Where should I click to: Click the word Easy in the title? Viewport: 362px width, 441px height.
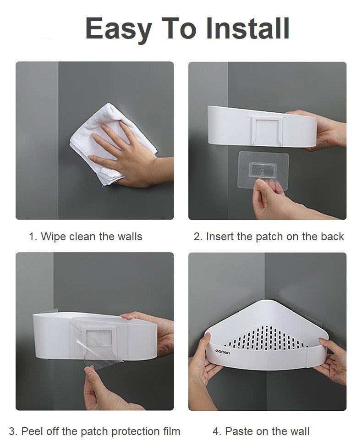(x=119, y=29)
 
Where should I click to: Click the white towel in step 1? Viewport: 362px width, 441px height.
(x=112, y=144)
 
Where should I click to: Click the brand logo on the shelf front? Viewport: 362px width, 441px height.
(x=223, y=352)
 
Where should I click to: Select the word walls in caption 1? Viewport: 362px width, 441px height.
(x=130, y=236)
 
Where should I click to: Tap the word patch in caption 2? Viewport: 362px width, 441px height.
(x=269, y=237)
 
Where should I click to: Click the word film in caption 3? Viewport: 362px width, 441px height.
(x=170, y=431)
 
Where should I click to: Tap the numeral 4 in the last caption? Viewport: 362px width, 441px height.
(x=216, y=431)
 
